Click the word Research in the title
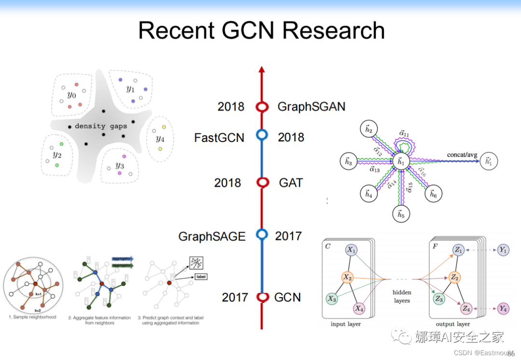(x=333, y=30)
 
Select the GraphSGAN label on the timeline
(x=311, y=107)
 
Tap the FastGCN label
(x=219, y=138)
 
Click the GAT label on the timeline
(x=291, y=183)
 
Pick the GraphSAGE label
(x=212, y=236)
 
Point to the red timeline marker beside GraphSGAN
(x=262, y=107)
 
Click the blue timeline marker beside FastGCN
(x=262, y=135)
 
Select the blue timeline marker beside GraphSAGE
(x=262, y=235)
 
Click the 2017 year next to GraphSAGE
(x=288, y=236)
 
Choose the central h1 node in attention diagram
(x=400, y=162)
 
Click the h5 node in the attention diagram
(x=400, y=214)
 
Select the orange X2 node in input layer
(x=347, y=277)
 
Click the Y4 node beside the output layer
(x=503, y=308)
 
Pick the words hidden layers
(x=401, y=296)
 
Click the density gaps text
(x=101, y=126)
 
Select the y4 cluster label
(x=160, y=138)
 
